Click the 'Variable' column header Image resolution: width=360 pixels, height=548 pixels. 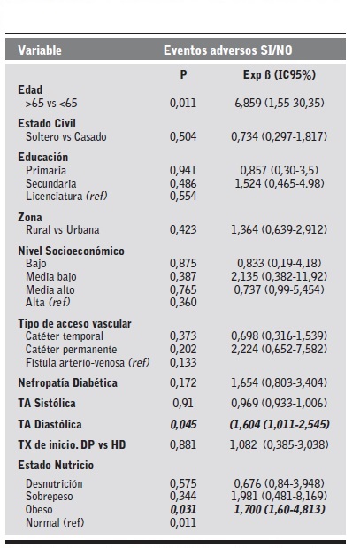coord(40,50)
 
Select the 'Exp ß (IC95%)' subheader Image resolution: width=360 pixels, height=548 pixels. coord(276,76)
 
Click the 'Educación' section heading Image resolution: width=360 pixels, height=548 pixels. coord(42,157)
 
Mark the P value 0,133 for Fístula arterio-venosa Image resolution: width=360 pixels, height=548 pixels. coord(182,361)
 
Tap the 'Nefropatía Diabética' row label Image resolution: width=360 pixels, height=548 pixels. coord(67,382)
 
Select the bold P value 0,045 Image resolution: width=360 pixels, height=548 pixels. coord(182,423)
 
